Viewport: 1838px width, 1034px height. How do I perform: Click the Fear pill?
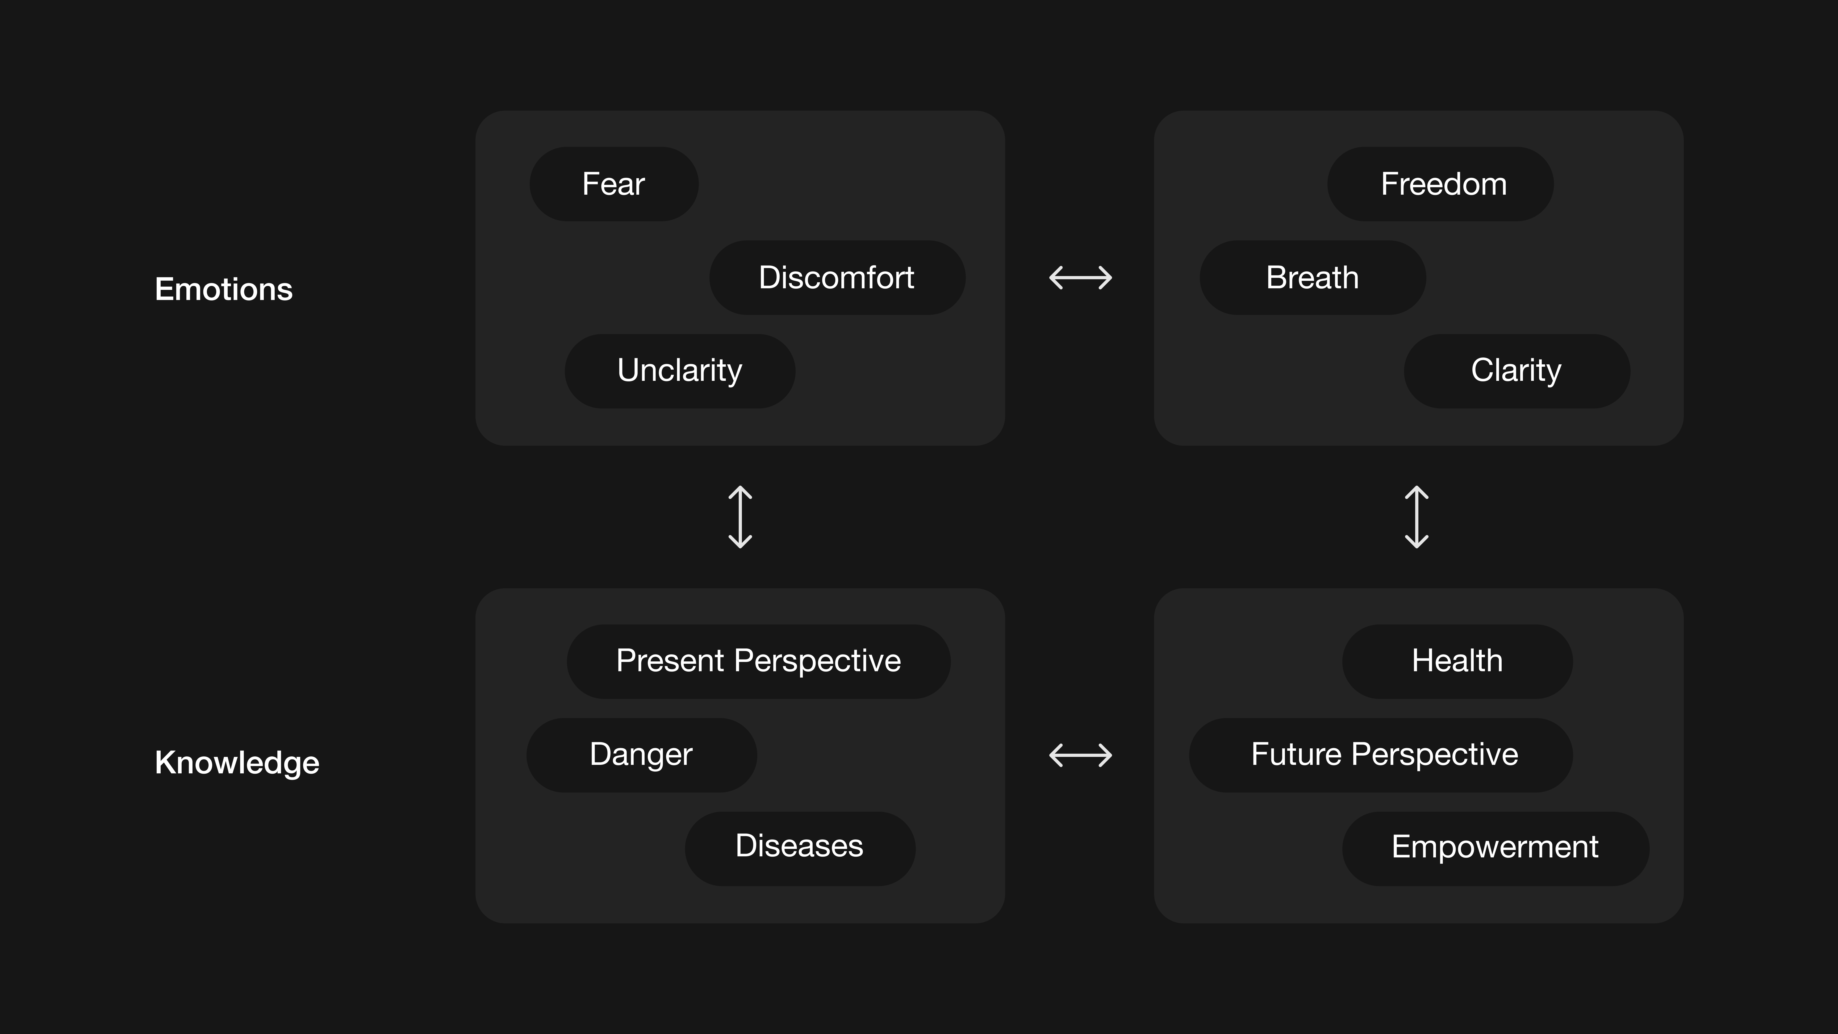click(x=614, y=184)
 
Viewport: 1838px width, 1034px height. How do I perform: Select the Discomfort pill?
click(x=837, y=278)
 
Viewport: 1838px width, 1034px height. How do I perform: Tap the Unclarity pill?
click(x=680, y=371)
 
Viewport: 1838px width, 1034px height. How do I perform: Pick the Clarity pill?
click(x=1516, y=371)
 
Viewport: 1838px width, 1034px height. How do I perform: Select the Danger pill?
click(x=641, y=755)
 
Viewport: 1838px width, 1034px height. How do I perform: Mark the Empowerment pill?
click(x=1495, y=848)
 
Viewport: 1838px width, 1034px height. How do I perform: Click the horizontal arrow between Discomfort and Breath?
click(x=1080, y=278)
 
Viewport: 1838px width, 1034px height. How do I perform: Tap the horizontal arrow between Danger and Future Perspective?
click(x=1080, y=755)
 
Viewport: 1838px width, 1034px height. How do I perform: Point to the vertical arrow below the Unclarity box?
click(x=740, y=517)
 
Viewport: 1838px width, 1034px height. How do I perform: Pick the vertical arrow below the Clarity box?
click(x=1416, y=517)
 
